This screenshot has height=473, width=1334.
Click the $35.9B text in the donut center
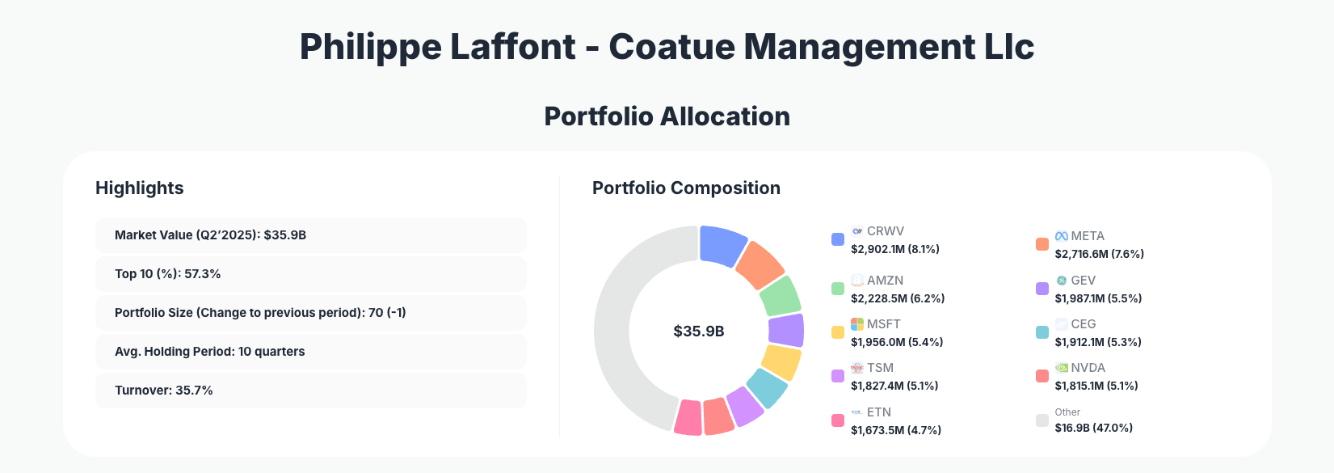699,332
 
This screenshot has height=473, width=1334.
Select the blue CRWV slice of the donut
722,244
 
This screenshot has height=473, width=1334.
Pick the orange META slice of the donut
760,264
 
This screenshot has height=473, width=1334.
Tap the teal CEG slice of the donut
766,387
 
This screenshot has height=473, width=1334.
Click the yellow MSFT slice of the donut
782,361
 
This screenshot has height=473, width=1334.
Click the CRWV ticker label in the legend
886,231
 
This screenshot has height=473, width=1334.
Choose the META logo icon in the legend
1062,236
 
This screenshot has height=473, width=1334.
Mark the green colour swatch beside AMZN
838,289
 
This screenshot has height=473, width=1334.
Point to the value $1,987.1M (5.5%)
1098,298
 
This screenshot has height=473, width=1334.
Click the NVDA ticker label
1088,368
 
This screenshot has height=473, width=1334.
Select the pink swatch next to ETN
838,420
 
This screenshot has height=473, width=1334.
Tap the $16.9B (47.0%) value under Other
1093,428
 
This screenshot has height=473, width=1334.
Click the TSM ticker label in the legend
880,368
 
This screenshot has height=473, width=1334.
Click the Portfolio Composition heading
686,188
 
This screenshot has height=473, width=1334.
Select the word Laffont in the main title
512,47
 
